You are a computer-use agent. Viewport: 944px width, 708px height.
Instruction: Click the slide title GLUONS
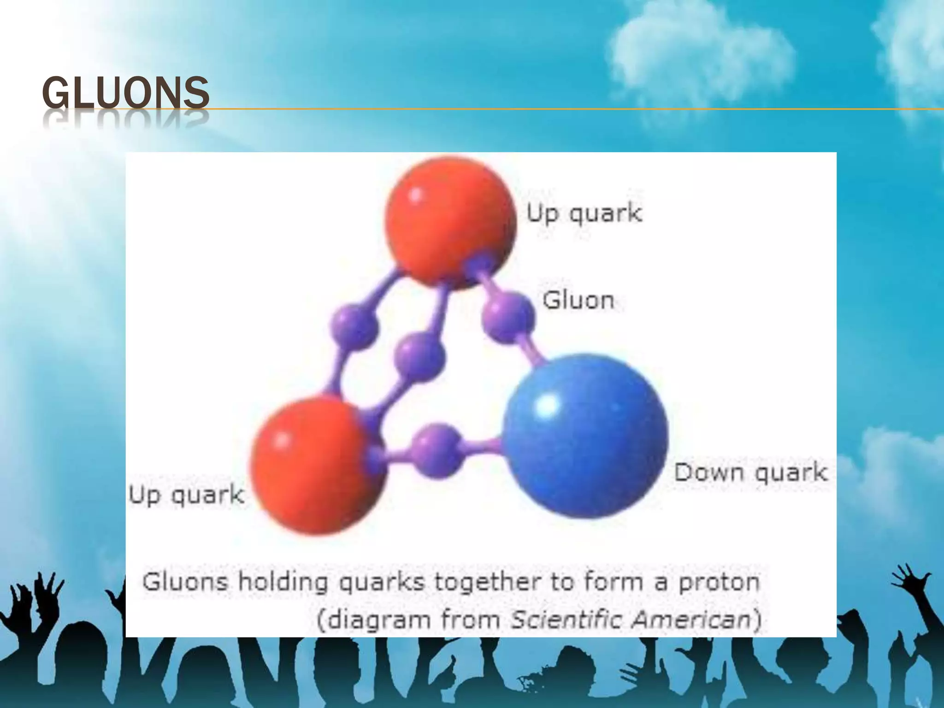(125, 93)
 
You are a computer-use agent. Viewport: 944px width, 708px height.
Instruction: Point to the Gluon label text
(578, 301)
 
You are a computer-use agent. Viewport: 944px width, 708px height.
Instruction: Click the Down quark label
(750, 473)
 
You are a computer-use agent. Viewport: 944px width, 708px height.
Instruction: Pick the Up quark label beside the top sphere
(584, 214)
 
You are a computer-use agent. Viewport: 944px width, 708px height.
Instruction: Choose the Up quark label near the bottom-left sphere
(186, 496)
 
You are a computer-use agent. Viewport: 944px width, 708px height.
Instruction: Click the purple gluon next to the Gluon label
(508, 318)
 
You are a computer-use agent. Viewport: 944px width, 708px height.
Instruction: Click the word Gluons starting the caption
(185, 582)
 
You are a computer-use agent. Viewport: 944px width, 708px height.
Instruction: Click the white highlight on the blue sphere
(548, 405)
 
